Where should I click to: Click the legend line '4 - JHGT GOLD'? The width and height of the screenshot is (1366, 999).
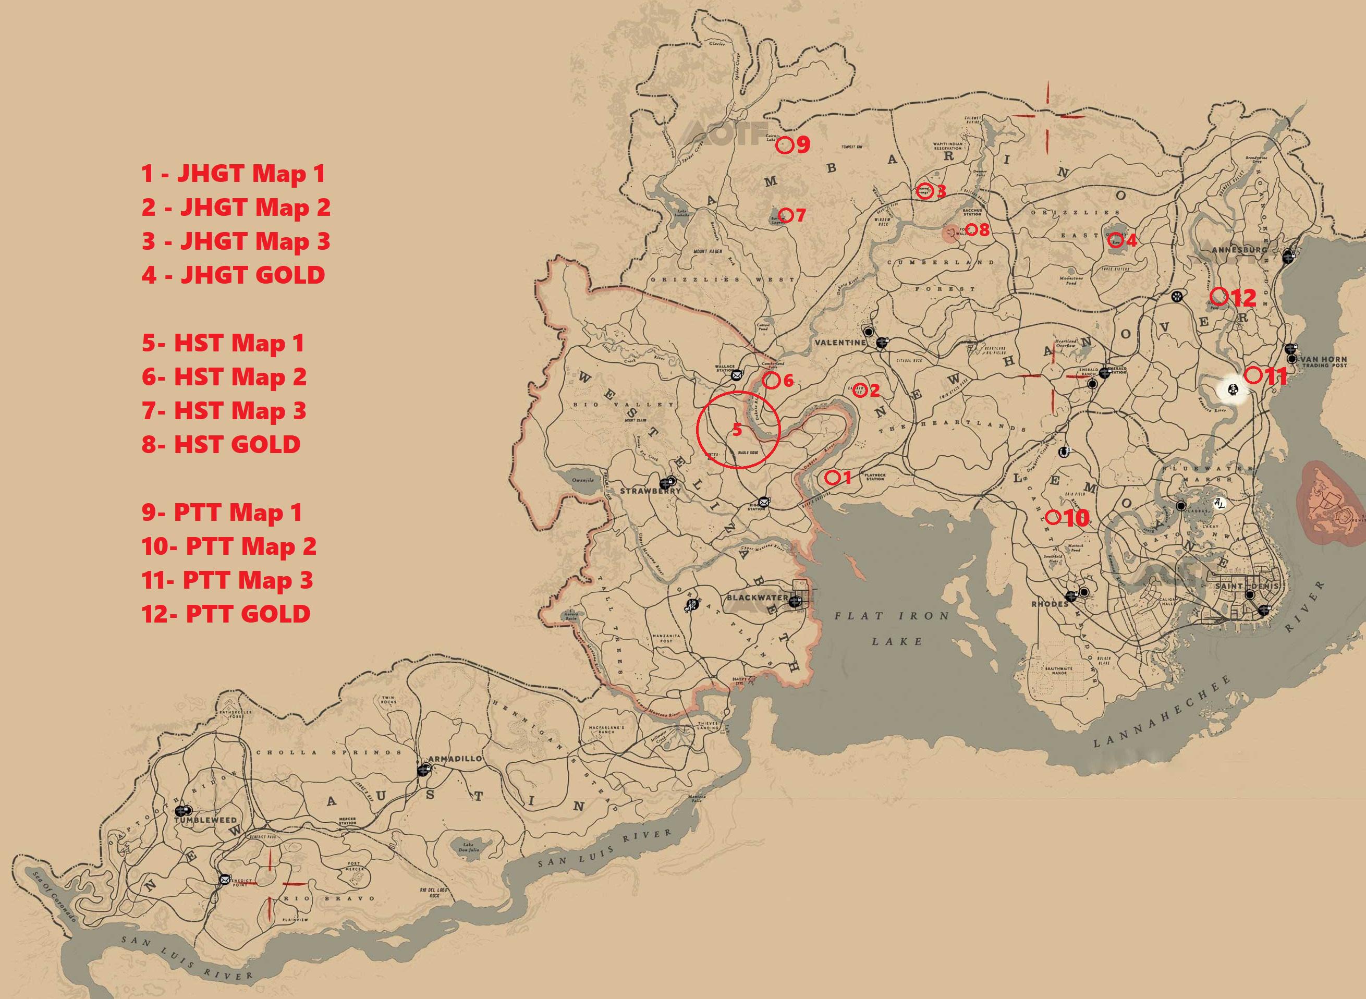234,275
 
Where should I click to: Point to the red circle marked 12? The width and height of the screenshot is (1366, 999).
1219,296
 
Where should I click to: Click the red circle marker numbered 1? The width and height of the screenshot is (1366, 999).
832,477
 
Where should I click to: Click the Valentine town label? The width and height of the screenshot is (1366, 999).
840,342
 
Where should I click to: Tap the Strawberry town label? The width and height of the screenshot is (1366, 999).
650,491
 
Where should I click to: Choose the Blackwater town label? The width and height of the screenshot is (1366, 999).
757,598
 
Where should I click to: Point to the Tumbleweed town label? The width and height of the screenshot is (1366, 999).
205,820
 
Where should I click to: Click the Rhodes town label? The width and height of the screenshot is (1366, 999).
1050,603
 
